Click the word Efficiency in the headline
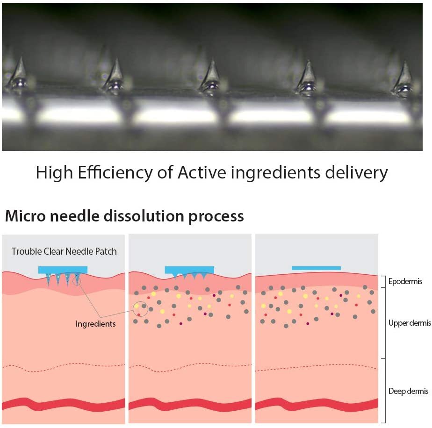[x=115, y=173]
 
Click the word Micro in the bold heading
[x=25, y=216]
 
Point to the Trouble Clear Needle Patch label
[x=64, y=251]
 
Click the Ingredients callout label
[x=95, y=324]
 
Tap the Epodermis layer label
[x=405, y=281]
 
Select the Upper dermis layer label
[x=410, y=323]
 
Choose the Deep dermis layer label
[x=408, y=391]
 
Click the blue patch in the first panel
[x=63, y=270]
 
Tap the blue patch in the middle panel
[x=189, y=270]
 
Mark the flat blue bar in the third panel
[x=316, y=268]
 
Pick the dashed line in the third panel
[x=317, y=367]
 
